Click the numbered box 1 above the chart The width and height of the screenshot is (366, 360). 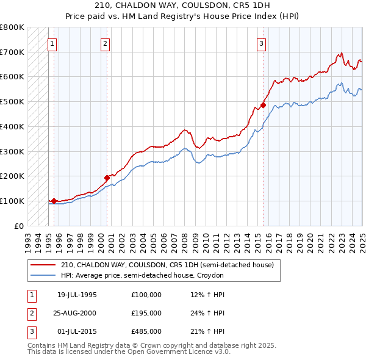52,43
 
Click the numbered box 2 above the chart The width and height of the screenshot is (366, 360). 106,43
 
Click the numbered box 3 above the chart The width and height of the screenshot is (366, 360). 261,43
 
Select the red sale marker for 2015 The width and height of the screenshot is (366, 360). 264,105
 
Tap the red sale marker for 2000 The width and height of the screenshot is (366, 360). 107,178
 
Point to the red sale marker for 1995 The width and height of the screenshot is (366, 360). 54,201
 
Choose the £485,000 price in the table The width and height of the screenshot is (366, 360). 146,332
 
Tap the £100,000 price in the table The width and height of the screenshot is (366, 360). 146,295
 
